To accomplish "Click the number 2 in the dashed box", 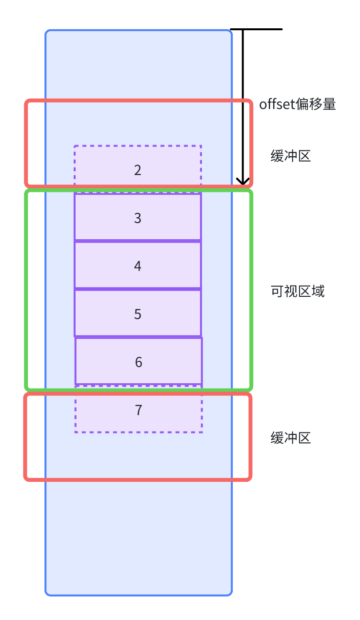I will pyautogui.click(x=138, y=170).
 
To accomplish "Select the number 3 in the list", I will pyautogui.click(x=138, y=218).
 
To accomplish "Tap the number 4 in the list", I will pyautogui.click(x=138, y=266).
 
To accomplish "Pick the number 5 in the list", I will pyautogui.click(x=138, y=314).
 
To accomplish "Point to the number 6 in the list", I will pyautogui.click(x=139, y=362).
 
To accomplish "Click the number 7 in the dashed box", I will pyautogui.click(x=139, y=410).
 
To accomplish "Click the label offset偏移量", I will pyautogui.click(x=298, y=104).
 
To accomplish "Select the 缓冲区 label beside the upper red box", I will pyautogui.click(x=291, y=156).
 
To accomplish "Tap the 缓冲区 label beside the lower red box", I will pyautogui.click(x=291, y=438).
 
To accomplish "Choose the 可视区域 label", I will pyautogui.click(x=298, y=291).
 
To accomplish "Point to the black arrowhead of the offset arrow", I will pyautogui.click(x=243, y=181).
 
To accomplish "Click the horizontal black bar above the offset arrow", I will pyautogui.click(x=257, y=29).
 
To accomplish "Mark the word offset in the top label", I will pyautogui.click(x=277, y=104).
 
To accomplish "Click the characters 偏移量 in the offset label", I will pyautogui.click(x=316, y=104).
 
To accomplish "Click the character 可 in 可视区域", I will pyautogui.click(x=278, y=291).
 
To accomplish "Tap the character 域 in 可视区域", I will pyautogui.click(x=318, y=291).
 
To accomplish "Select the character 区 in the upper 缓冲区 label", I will pyautogui.click(x=304, y=156).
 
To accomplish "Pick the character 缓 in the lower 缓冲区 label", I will pyautogui.click(x=278, y=438).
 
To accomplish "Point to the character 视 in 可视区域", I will pyautogui.click(x=291, y=291).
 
